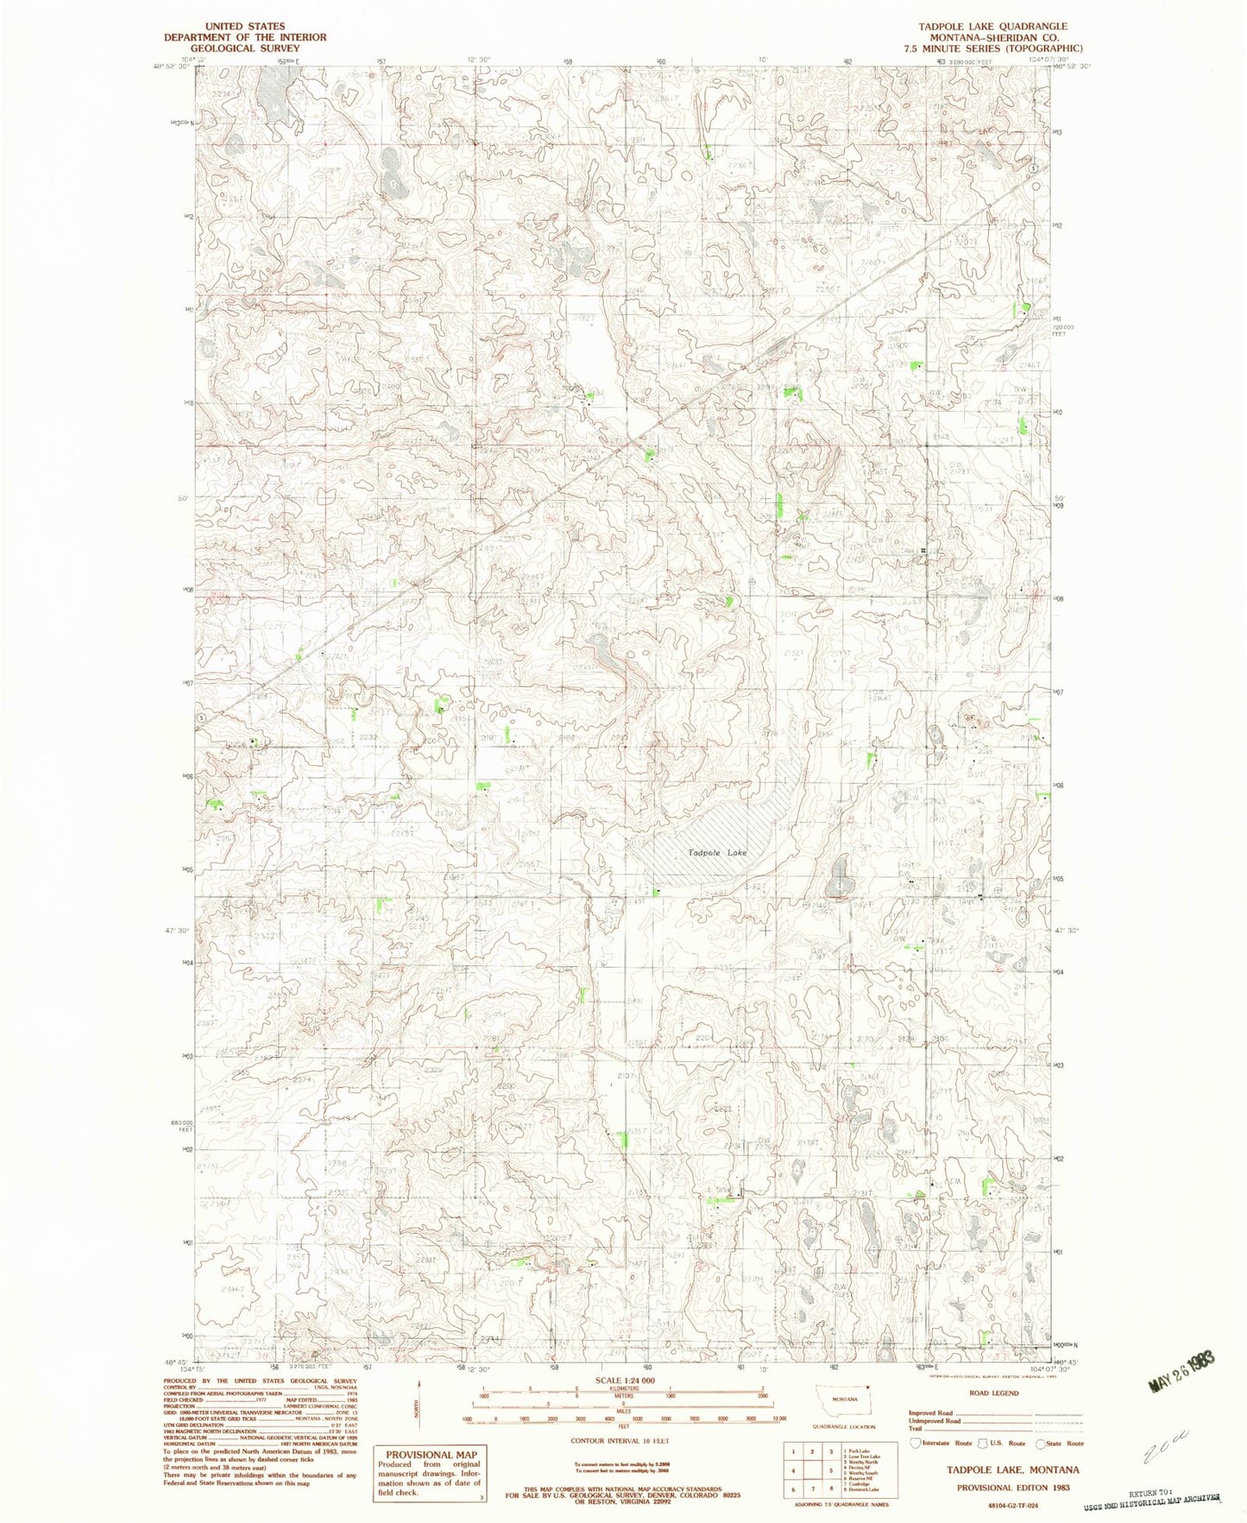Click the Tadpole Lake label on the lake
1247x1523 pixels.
coord(717,853)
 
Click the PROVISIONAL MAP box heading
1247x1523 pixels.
coord(431,1454)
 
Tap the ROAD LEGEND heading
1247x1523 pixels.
coord(992,1393)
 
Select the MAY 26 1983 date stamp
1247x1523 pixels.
coord(1181,1364)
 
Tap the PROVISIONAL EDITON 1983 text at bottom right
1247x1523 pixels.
coord(1017,1488)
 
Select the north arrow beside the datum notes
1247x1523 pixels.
coord(417,1408)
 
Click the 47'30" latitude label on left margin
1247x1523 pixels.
coord(177,930)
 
